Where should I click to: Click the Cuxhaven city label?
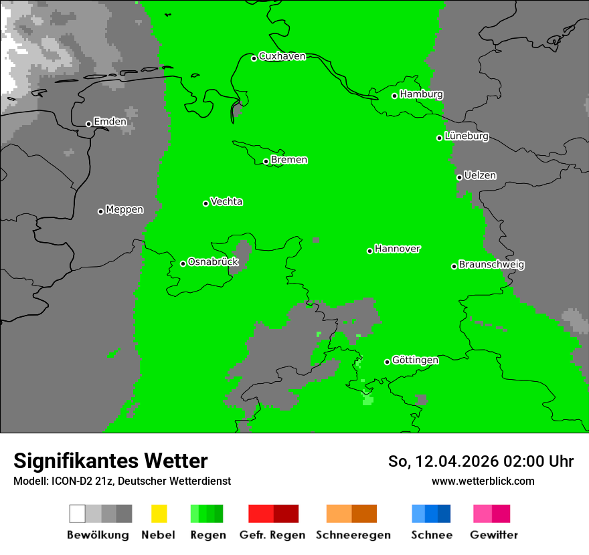(x=282, y=56)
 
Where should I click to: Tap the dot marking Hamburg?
(x=395, y=96)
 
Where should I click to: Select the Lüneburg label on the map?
(x=467, y=136)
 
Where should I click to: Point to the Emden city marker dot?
(x=88, y=124)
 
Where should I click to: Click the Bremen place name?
(x=289, y=160)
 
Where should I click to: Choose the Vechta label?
(x=226, y=201)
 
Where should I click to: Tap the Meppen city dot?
(x=100, y=211)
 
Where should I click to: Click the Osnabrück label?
(x=213, y=262)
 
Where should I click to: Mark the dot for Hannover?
(x=369, y=251)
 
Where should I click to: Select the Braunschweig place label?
(x=491, y=265)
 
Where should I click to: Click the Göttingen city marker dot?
(x=387, y=362)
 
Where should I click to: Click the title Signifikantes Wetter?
(x=110, y=461)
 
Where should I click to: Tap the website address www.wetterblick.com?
(x=483, y=481)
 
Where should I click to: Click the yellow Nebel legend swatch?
(x=159, y=514)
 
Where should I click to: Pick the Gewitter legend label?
(x=494, y=535)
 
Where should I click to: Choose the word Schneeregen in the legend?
(x=353, y=535)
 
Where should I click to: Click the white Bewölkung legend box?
(x=78, y=514)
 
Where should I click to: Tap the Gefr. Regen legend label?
(x=272, y=535)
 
